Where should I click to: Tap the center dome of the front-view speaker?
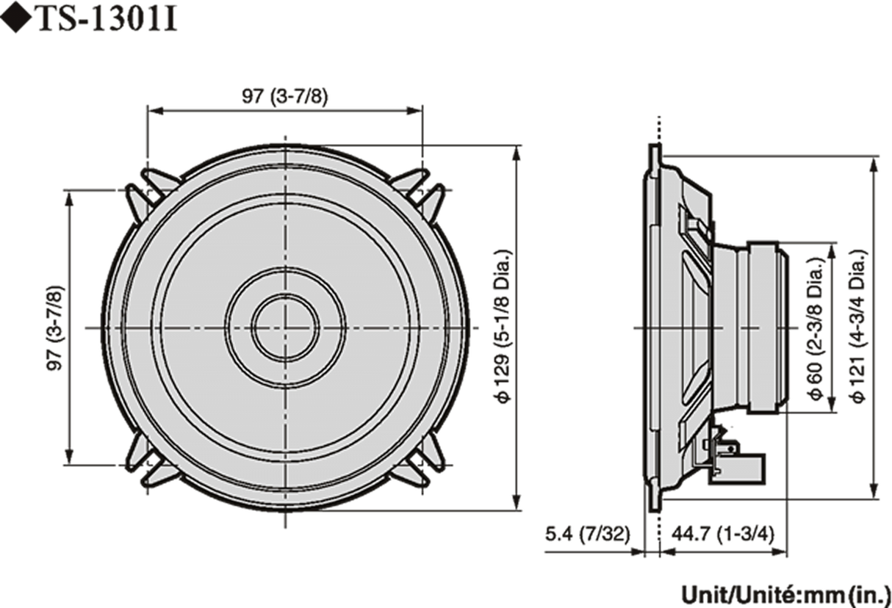pos(284,326)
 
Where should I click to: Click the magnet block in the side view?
pos(768,326)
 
